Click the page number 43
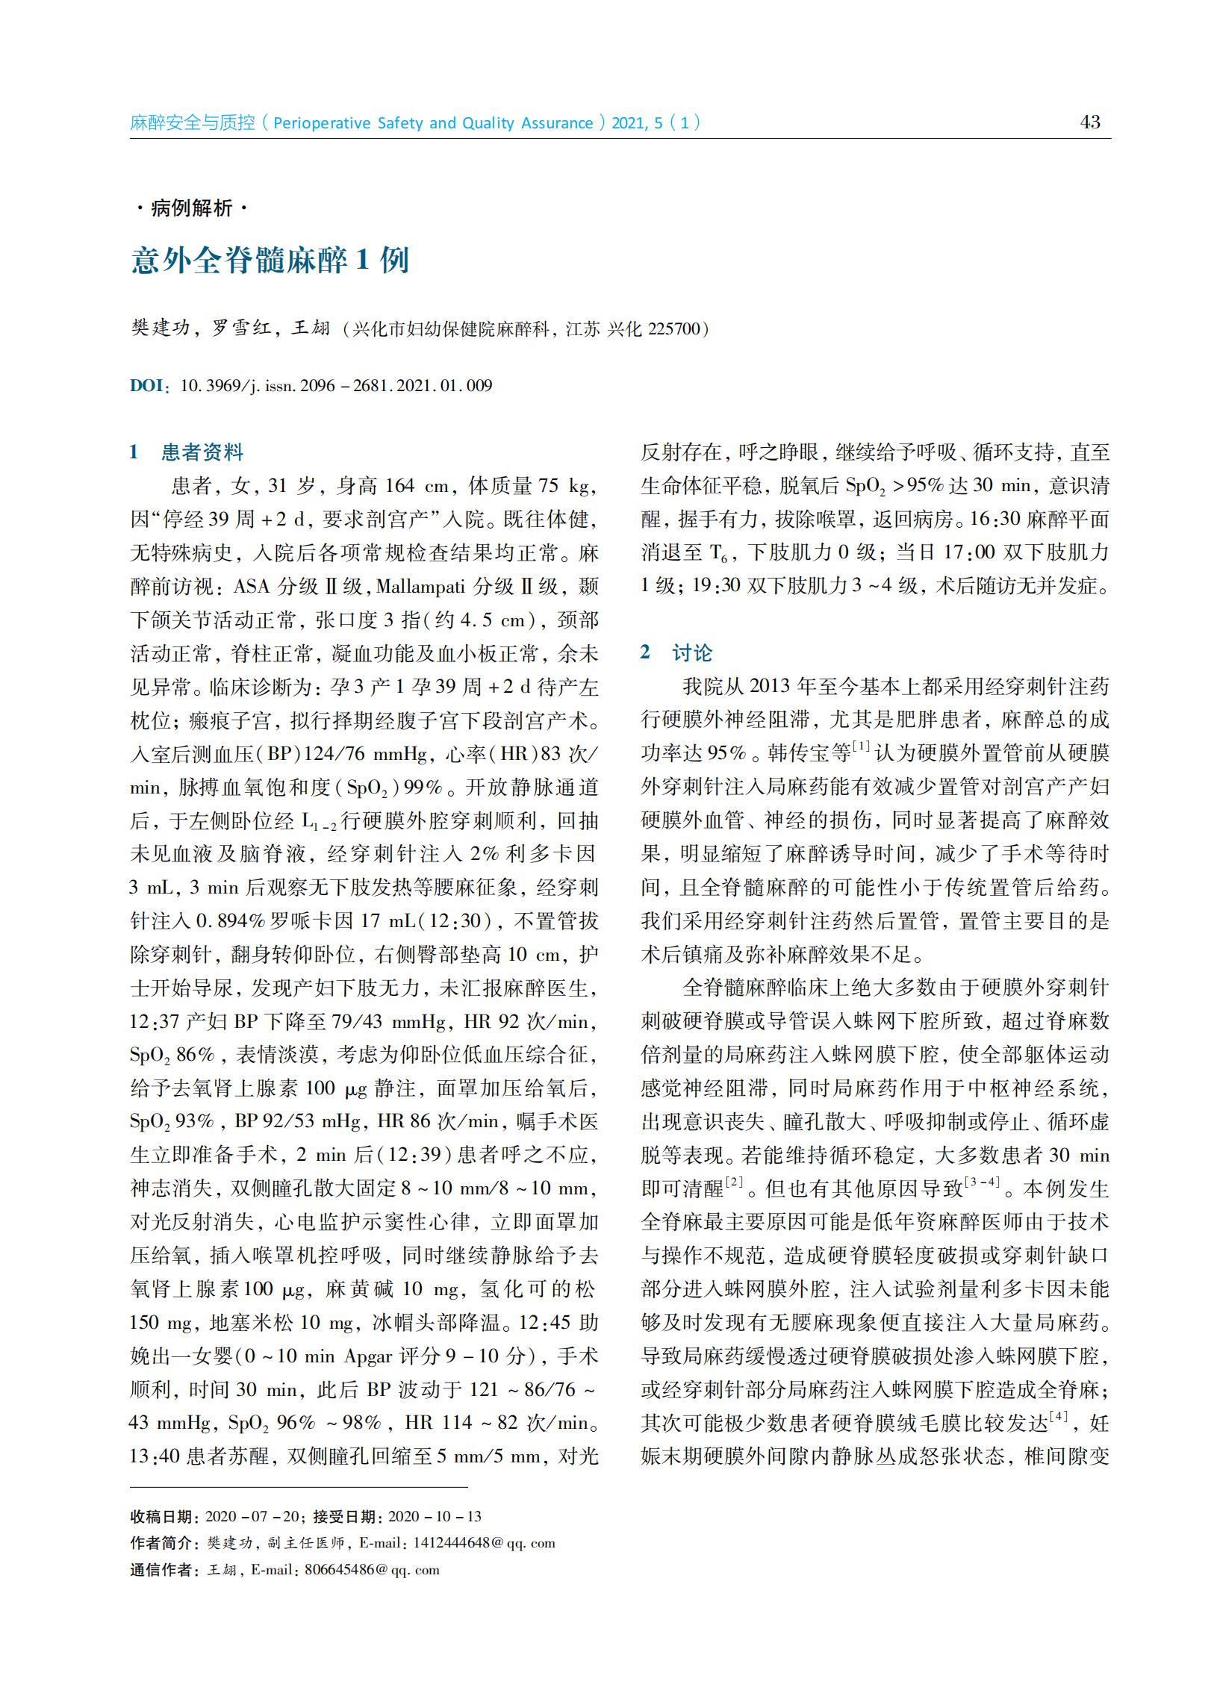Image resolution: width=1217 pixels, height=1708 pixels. point(1090,122)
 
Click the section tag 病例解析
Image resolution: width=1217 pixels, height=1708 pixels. point(191,208)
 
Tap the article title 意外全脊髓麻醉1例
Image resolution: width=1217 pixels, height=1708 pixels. point(270,261)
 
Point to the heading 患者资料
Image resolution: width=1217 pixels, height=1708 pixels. point(202,452)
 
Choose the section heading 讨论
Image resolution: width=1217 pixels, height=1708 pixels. point(691,652)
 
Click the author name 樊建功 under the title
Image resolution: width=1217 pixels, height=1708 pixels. point(160,328)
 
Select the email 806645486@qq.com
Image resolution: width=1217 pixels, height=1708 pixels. point(372,1569)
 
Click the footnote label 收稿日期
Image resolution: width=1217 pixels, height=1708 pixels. point(161,1516)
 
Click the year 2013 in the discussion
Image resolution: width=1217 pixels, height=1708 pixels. point(769,686)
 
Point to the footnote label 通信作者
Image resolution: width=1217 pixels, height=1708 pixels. point(161,1569)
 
